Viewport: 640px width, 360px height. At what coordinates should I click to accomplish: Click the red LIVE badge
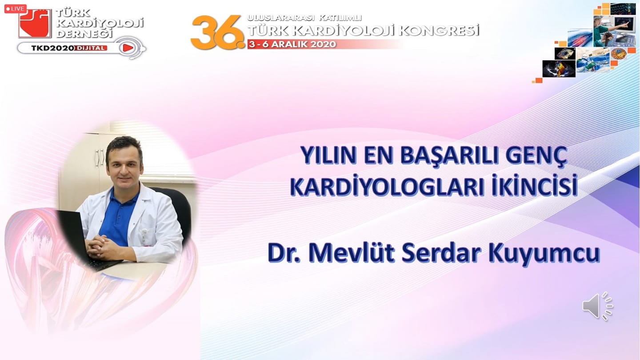point(16,9)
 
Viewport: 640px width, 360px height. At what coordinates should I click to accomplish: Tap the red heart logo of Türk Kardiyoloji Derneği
point(35,24)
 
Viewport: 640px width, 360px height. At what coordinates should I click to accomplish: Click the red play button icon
point(128,48)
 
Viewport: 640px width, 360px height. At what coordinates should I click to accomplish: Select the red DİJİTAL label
point(91,48)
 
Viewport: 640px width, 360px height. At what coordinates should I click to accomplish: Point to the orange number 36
point(217,32)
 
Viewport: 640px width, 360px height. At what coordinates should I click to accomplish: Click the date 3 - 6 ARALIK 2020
point(292,44)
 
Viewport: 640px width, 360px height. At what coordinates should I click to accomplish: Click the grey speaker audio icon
point(598,306)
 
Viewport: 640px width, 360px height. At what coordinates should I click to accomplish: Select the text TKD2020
point(52,48)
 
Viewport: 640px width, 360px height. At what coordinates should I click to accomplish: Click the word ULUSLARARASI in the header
point(280,18)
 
